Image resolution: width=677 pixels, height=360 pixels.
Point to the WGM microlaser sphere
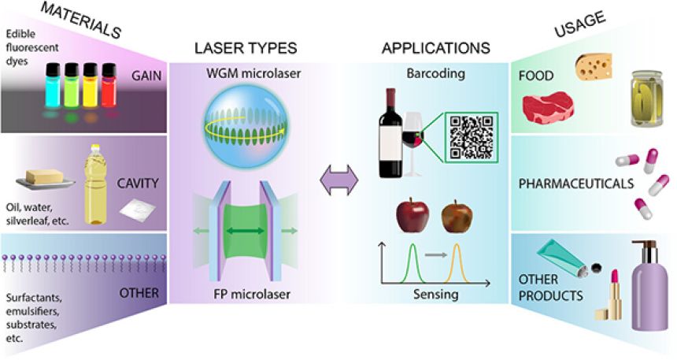(249, 121)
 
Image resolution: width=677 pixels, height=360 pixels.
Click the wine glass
(414, 142)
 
